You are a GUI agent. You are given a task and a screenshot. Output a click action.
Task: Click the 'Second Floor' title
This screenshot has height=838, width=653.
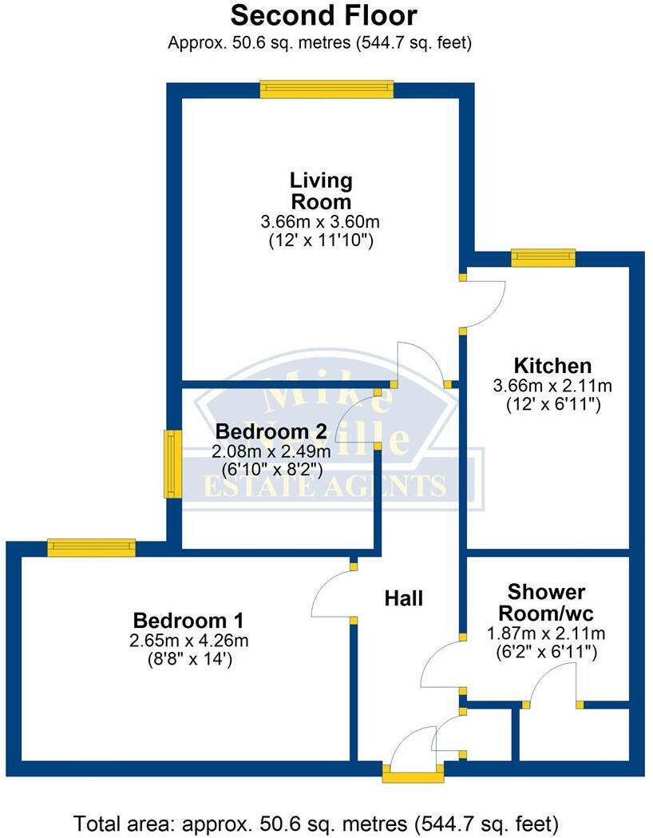tap(323, 15)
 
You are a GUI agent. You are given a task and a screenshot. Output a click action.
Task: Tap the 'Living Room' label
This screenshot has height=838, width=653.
tap(321, 190)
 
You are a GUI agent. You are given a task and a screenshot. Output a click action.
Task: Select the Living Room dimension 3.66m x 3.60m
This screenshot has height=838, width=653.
tap(321, 222)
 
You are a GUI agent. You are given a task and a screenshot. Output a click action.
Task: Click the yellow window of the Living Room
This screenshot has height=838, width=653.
tap(326, 89)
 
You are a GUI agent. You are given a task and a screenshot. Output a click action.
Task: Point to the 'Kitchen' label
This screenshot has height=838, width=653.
tap(552, 366)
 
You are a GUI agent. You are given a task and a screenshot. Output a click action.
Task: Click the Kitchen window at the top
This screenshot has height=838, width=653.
tap(543, 256)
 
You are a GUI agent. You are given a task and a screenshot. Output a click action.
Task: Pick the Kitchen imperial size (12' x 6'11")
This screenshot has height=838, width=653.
tap(553, 405)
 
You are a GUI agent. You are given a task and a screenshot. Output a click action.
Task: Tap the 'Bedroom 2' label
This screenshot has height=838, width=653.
tap(271, 431)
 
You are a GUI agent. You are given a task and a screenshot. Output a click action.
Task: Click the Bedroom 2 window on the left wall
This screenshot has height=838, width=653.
tap(172, 463)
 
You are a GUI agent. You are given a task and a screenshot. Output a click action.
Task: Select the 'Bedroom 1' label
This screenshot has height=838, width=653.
tap(188, 620)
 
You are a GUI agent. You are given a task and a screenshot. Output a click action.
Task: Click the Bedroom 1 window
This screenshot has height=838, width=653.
tap(91, 547)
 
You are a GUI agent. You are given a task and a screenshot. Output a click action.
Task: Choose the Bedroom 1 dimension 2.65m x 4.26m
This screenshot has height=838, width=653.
tap(188, 641)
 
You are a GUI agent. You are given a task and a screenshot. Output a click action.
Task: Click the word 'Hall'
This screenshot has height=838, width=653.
tap(403, 598)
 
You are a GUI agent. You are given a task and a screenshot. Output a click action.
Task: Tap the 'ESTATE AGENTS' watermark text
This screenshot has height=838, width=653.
tap(323, 485)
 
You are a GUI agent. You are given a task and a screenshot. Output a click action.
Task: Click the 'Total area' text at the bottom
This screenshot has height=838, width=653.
tap(326, 822)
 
